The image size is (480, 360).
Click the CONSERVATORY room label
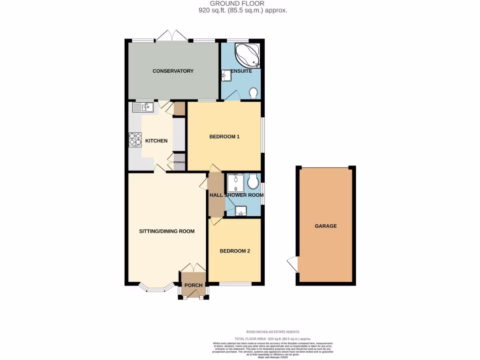point(173,71)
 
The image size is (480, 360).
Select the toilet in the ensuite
point(254,93)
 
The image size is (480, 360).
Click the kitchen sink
point(143,108)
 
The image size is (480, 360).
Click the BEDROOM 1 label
point(224,137)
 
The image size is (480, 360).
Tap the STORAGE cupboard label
point(180,162)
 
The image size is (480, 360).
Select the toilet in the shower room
point(254,180)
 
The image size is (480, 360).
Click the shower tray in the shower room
point(234,182)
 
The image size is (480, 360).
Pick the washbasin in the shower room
point(241,211)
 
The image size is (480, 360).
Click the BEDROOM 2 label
point(235,251)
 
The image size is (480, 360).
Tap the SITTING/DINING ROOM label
point(166,231)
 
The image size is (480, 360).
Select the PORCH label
point(194,285)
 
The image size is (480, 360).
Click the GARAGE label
point(325,226)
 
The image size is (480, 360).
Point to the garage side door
point(292,264)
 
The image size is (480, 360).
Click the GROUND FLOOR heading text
point(240,3)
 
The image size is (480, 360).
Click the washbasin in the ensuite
point(225,75)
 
